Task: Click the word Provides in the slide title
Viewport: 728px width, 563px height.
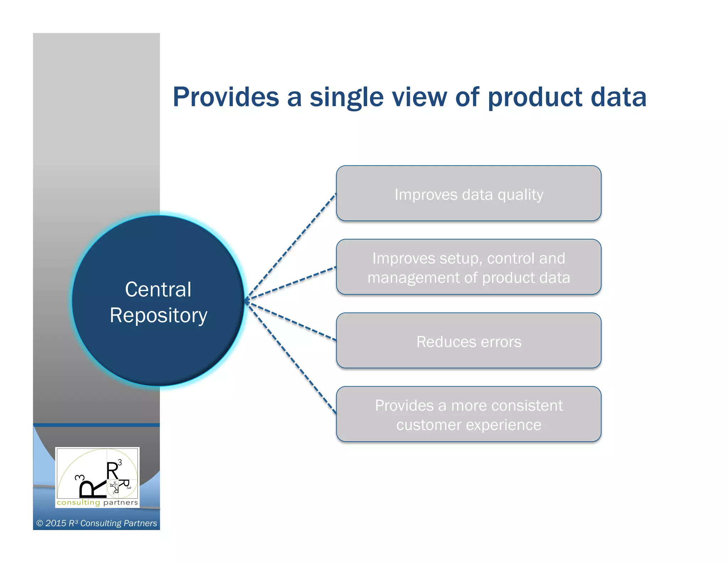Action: tap(226, 97)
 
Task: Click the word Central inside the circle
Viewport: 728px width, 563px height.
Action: tap(158, 289)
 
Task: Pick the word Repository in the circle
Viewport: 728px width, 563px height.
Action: tap(158, 316)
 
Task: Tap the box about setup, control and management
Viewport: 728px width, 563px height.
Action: tap(469, 267)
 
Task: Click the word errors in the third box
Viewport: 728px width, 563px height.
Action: tap(501, 342)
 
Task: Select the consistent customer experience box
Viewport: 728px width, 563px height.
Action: tap(469, 415)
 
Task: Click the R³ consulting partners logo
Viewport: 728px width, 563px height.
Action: tap(97, 475)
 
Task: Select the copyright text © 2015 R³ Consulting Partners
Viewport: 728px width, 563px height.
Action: tap(96, 523)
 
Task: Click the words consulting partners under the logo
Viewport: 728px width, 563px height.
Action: tap(97, 503)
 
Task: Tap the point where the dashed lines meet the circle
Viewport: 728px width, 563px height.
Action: tap(246, 301)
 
